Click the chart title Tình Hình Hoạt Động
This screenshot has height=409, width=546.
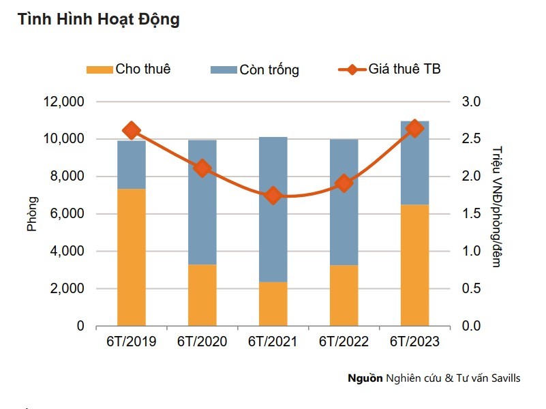pos(99,20)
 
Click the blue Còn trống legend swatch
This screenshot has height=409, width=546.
pos(223,70)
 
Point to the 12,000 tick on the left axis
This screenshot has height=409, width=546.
pos(63,102)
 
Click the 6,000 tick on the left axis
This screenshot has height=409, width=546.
pos(66,214)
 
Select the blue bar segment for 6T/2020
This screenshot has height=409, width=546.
pos(202,202)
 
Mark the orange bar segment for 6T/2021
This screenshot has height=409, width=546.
pos(273,304)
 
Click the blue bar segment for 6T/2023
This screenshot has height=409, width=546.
pos(414,163)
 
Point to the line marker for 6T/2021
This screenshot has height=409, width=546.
pos(273,196)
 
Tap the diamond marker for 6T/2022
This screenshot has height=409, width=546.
pos(344,183)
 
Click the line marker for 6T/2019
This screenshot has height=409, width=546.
pos(132,131)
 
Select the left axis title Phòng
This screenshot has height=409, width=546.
pos(33,214)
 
